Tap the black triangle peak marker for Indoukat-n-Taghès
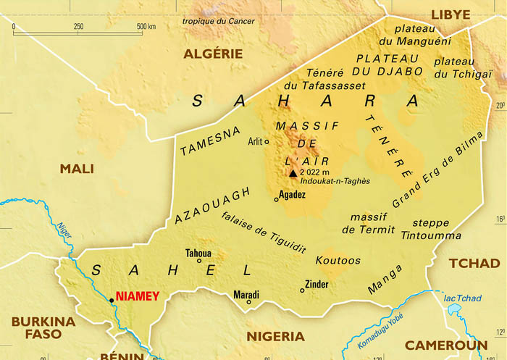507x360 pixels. pyautogui.click(x=293, y=173)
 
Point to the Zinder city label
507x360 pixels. pyautogui.click(x=317, y=284)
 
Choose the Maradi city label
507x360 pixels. pyautogui.click(x=246, y=295)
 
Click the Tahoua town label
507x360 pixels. pyautogui.click(x=198, y=253)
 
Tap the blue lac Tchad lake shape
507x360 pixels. pyautogui.click(x=455, y=310)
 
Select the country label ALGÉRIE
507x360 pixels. pyautogui.click(x=213, y=53)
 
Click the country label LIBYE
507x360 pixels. pyautogui.click(x=451, y=14)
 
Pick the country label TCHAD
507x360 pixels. pyautogui.click(x=474, y=263)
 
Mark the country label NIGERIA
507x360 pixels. pyautogui.click(x=275, y=336)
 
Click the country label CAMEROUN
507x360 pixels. pyautogui.click(x=445, y=346)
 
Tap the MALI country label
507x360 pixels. pyautogui.click(x=77, y=169)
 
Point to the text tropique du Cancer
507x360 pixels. pyautogui.click(x=219, y=21)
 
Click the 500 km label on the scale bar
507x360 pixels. pyautogui.click(x=146, y=27)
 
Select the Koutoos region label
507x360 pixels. pyautogui.click(x=338, y=260)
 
